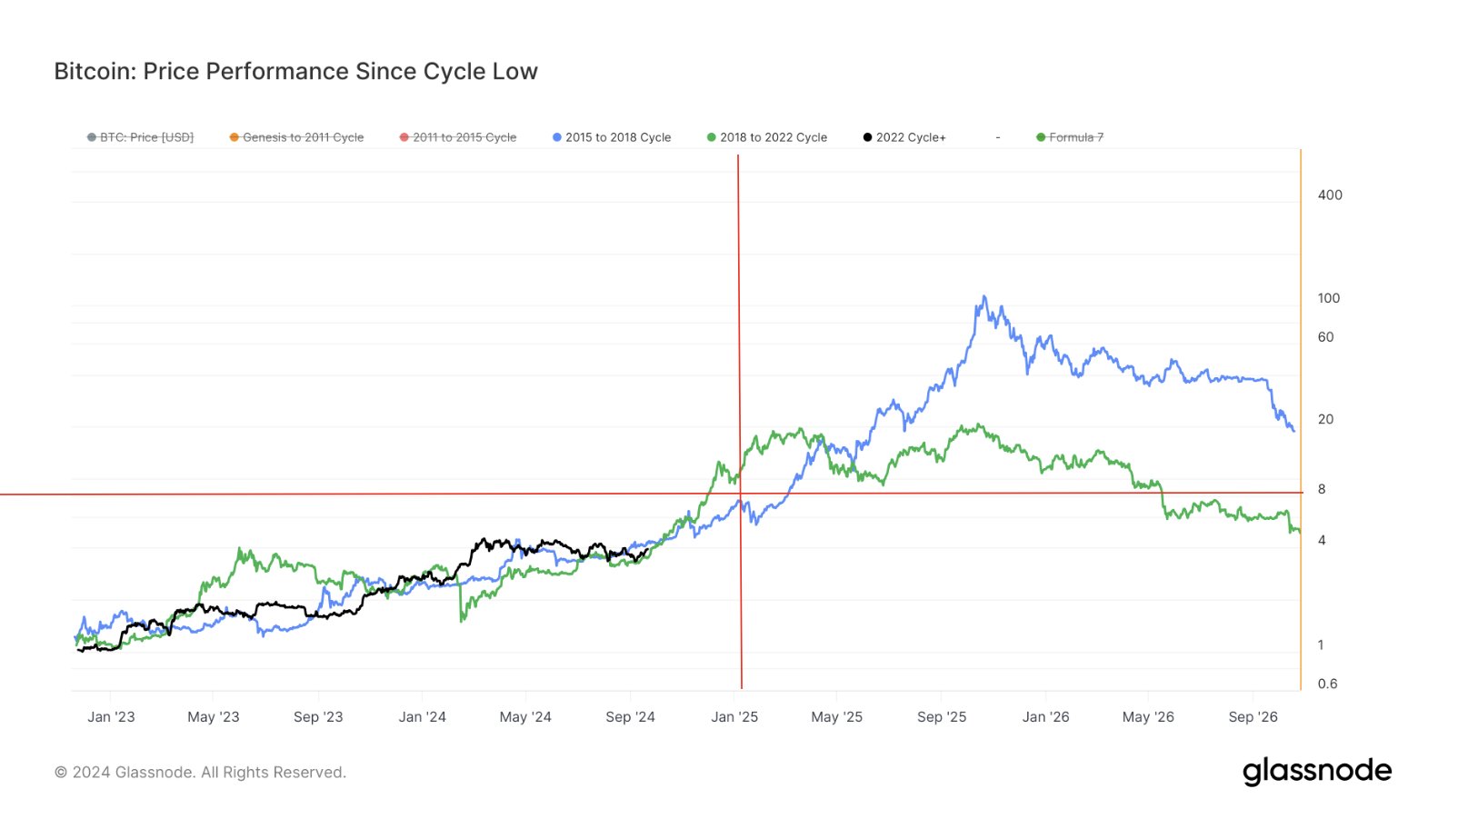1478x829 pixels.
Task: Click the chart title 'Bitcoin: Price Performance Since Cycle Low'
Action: tap(295, 72)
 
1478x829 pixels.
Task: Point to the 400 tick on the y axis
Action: tap(1330, 195)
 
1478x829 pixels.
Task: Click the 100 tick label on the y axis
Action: tap(1329, 298)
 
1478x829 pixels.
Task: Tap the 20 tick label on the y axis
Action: tap(1326, 420)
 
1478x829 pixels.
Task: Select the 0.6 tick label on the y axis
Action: tap(1327, 684)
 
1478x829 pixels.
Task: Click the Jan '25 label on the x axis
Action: tap(734, 717)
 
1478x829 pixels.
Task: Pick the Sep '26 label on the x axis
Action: tap(1253, 717)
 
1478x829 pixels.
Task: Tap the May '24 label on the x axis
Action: tap(525, 717)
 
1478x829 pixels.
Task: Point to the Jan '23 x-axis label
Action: tap(111, 717)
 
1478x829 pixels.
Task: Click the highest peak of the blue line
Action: tap(984, 296)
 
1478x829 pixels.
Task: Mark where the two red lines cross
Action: tap(740, 494)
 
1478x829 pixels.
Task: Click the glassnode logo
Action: tap(1317, 772)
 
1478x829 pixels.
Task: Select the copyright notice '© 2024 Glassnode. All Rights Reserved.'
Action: tap(200, 773)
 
